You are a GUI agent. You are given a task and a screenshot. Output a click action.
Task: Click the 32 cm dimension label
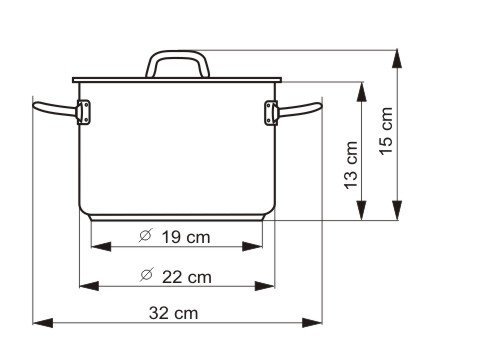click(x=173, y=313)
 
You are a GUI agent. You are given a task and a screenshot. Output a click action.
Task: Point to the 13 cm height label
click(x=351, y=166)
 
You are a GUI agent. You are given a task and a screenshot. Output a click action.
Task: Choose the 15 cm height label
click(x=386, y=131)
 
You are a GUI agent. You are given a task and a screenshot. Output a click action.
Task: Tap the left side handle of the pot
click(x=55, y=109)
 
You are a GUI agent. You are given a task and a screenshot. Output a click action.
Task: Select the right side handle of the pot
click(x=299, y=110)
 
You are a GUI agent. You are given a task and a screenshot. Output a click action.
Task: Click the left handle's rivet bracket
click(x=83, y=112)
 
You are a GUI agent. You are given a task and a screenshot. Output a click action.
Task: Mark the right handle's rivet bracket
click(x=271, y=113)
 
